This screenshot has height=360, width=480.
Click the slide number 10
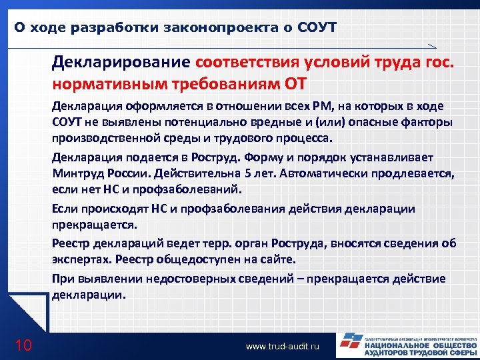23,345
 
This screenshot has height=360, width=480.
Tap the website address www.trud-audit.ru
283,347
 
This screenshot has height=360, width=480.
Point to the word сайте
279,258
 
